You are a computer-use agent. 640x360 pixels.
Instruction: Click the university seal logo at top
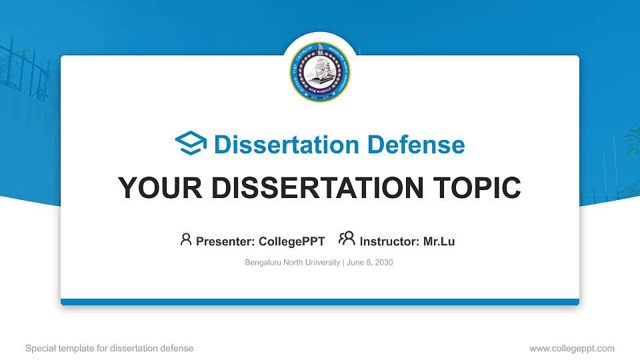pyautogui.click(x=319, y=72)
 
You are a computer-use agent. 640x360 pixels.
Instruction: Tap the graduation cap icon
pyautogui.click(x=191, y=143)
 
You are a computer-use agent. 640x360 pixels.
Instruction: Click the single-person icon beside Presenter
pyautogui.click(x=186, y=239)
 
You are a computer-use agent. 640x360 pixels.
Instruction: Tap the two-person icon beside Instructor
pyautogui.click(x=347, y=239)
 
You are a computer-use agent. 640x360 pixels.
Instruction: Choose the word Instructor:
pyautogui.click(x=389, y=241)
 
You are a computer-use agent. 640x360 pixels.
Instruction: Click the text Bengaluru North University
pyautogui.click(x=293, y=263)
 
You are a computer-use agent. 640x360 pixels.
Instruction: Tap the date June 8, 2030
pyautogui.click(x=370, y=263)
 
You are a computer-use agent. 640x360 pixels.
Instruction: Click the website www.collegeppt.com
pyautogui.click(x=572, y=348)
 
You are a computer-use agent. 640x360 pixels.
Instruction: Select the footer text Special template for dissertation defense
pyautogui.click(x=109, y=348)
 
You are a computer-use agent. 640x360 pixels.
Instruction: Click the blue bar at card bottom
pyautogui.click(x=320, y=302)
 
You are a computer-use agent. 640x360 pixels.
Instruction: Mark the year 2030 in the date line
pyautogui.click(x=384, y=263)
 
